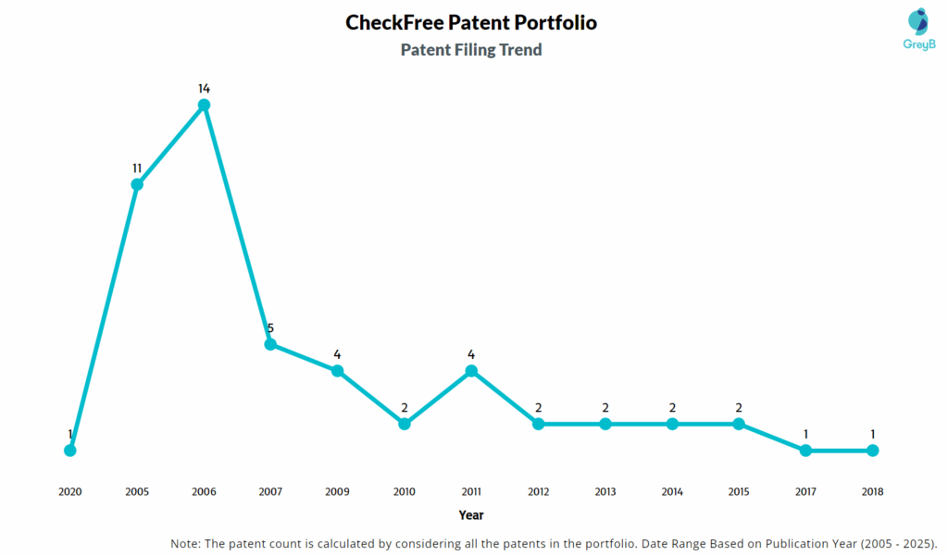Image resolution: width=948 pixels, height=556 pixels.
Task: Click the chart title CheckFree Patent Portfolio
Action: point(471,22)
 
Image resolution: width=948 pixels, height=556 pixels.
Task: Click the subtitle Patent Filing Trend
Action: point(471,50)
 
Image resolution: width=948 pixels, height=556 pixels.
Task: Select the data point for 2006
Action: point(204,105)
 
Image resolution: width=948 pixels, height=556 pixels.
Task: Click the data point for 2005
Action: point(137,185)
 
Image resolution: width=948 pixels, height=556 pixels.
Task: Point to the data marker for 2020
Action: point(70,451)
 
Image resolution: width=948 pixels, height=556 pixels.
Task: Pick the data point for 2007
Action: point(270,344)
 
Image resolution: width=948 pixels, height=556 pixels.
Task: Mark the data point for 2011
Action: point(471,371)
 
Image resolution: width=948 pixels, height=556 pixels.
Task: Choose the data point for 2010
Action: point(405,424)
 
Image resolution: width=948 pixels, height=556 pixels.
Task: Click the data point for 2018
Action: point(872,451)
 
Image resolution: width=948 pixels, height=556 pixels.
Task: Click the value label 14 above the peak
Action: point(204,89)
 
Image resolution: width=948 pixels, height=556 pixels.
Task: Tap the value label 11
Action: point(137,168)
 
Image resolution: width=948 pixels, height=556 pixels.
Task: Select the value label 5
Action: point(270,327)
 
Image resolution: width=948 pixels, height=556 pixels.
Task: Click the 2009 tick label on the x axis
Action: point(338,492)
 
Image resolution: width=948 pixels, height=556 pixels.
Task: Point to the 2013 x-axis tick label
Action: point(605,492)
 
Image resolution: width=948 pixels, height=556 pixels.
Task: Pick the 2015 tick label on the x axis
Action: point(739,492)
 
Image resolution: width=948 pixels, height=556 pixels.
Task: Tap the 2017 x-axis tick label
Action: point(805,492)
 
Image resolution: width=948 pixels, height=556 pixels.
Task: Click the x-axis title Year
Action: point(471,514)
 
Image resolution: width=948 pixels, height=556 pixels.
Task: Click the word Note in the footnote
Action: point(186,543)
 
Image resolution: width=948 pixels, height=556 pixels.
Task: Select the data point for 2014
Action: point(672,424)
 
